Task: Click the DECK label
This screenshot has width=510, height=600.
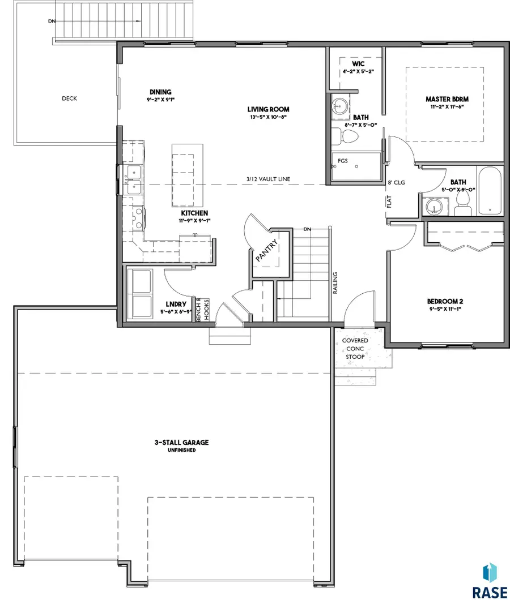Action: [x=69, y=98]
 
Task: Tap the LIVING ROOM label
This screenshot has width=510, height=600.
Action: [x=268, y=109]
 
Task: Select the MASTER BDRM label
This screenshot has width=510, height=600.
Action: [x=447, y=99]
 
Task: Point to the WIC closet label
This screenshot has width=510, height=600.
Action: [x=358, y=64]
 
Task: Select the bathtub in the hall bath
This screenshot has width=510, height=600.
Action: [x=489, y=191]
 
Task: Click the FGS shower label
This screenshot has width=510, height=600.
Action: [x=343, y=161]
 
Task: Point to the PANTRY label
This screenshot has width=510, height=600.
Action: [x=266, y=251]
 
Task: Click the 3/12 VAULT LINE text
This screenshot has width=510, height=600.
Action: [x=268, y=179]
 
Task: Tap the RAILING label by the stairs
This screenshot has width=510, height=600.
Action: [x=335, y=283]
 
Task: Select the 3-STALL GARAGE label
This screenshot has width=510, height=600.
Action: [x=182, y=442]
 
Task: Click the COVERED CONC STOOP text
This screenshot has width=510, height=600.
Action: [x=355, y=349]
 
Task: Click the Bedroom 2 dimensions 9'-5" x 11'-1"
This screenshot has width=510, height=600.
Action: [x=445, y=309]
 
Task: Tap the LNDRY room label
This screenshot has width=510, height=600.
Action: [x=176, y=304]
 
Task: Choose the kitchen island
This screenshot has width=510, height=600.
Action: [x=188, y=175]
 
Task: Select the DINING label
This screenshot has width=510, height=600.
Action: [x=160, y=92]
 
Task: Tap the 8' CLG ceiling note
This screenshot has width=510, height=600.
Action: [x=396, y=182]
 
